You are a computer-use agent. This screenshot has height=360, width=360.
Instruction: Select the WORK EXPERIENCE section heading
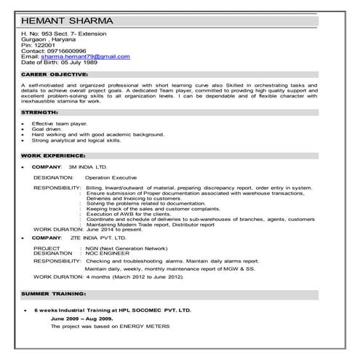(x=48, y=157)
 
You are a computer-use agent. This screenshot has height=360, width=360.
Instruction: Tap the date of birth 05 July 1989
(x=79, y=62)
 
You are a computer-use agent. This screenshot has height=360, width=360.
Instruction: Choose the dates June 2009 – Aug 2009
(x=81, y=319)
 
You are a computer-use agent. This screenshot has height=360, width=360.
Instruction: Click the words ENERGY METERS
(x=151, y=327)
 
